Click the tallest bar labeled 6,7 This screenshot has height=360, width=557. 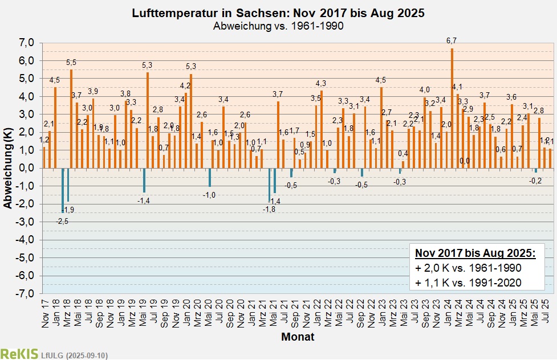(452, 108)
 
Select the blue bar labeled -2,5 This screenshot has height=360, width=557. (62, 190)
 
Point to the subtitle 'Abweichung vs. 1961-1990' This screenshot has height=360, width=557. (278, 26)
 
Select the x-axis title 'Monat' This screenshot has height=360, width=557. (297, 337)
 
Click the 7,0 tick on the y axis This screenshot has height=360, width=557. (27, 43)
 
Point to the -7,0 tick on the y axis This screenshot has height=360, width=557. (26, 294)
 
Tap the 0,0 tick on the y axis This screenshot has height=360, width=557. (27, 168)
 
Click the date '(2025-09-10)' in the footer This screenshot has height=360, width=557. (86, 355)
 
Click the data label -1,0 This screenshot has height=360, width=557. (210, 195)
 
